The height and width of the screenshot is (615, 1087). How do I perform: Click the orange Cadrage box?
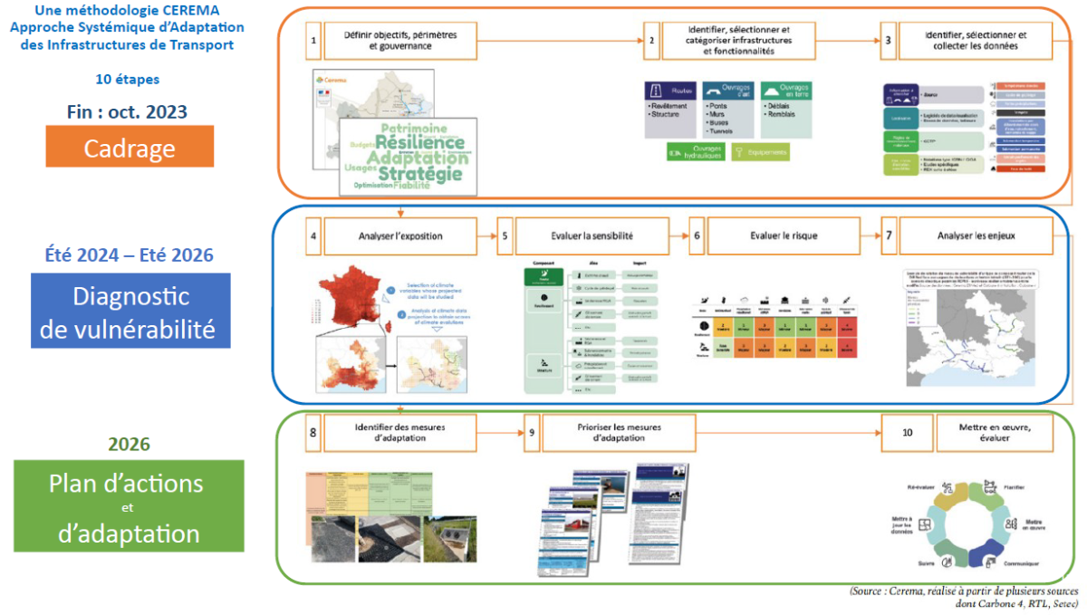pyautogui.click(x=130, y=147)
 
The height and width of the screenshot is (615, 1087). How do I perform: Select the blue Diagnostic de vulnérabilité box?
pyautogui.click(x=130, y=311)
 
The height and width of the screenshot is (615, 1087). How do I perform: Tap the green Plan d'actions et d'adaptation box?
pyautogui.click(x=130, y=505)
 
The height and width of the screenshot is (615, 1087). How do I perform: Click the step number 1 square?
pyautogui.click(x=313, y=41)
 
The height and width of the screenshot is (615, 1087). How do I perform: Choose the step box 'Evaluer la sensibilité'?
pyautogui.click(x=592, y=236)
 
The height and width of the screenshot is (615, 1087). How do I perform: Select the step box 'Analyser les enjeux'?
pyautogui.click(x=982, y=236)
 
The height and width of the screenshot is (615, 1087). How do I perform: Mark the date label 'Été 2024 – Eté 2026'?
pyautogui.click(x=129, y=255)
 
